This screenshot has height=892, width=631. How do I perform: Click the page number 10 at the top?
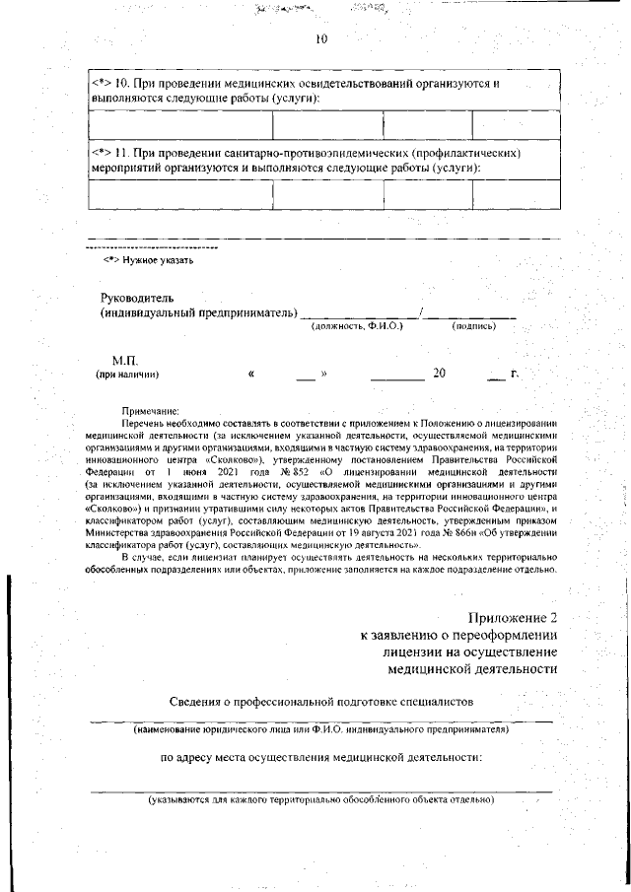point(320,39)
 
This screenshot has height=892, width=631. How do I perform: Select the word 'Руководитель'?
point(137,298)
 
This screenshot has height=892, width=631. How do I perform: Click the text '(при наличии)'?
point(126,375)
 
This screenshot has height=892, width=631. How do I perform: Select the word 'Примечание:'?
point(150,409)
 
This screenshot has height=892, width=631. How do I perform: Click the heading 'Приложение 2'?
point(513,617)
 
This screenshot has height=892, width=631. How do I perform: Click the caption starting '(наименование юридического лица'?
point(320,731)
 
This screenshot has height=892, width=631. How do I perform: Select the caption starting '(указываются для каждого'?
point(320,799)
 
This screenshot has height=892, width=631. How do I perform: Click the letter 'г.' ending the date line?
point(514,374)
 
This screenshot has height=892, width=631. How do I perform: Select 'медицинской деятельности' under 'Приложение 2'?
point(473,669)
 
